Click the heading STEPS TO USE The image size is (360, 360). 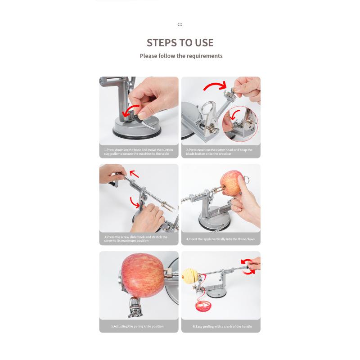click(180, 43)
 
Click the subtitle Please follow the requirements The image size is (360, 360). click(181, 56)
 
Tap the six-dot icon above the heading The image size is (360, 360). click(180, 25)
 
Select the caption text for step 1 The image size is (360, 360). click(139, 152)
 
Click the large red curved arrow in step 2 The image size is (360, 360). click(215, 86)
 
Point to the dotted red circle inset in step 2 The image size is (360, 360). click(240, 124)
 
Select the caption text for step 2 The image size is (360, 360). click(219, 152)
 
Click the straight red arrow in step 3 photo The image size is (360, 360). click(134, 174)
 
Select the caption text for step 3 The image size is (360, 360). click(136, 239)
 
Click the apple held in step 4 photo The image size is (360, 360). click(231, 183)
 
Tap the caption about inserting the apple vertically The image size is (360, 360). click(220, 239)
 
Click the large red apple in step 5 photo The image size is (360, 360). click(143, 275)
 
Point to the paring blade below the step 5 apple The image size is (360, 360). click(135, 307)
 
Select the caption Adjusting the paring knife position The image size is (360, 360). click(138, 326)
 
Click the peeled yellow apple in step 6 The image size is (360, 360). click(190, 275)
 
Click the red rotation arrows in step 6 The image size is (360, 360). click(248, 266)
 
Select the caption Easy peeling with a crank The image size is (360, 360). click(222, 326)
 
